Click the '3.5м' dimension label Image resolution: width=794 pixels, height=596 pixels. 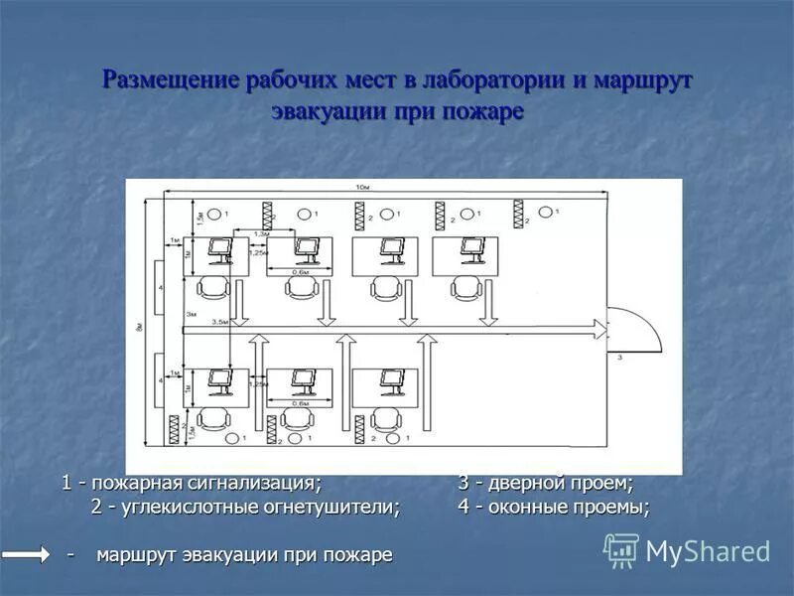pyautogui.click(x=221, y=322)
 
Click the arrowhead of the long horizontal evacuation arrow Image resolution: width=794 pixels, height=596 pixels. pyautogui.click(x=598, y=327)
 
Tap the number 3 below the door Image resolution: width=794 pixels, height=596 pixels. pyautogui.click(x=619, y=356)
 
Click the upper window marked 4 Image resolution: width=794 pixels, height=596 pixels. pyautogui.click(x=161, y=287)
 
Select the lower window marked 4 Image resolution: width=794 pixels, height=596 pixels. pyautogui.click(x=161, y=380)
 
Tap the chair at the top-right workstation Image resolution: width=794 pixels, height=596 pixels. pyautogui.click(x=463, y=288)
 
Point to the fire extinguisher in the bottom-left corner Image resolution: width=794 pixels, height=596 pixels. pyautogui.click(x=177, y=427)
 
